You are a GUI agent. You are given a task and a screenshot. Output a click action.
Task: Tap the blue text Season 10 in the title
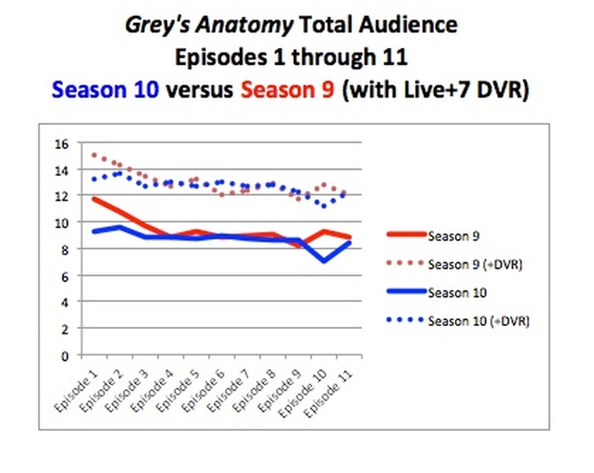point(106,90)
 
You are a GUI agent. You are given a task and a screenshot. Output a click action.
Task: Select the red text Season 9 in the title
point(288,90)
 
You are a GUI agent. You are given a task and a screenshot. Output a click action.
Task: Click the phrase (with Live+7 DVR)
point(436,90)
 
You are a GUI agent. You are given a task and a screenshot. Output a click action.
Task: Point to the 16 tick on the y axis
point(62,143)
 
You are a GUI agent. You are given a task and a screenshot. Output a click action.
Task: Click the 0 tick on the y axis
point(65,355)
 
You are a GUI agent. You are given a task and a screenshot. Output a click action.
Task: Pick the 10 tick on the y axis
point(62,222)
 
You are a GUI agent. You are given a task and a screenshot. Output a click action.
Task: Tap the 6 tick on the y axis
point(65,276)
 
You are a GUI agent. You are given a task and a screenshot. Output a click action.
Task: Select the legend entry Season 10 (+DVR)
point(478,321)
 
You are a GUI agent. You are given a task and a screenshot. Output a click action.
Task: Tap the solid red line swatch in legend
point(404,236)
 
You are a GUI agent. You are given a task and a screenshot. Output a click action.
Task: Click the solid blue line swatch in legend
point(404,292)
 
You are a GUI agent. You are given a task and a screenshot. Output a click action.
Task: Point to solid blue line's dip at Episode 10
point(324,261)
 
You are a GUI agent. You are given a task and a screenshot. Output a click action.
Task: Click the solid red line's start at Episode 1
point(92,198)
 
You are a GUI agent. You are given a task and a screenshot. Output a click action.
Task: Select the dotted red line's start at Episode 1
point(93,155)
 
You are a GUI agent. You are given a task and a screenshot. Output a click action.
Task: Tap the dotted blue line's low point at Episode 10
point(324,206)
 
